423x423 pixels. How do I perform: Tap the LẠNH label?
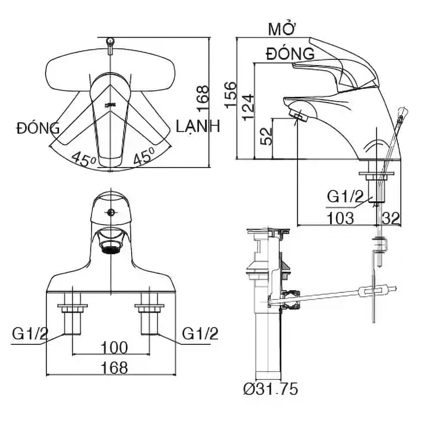click(x=198, y=126)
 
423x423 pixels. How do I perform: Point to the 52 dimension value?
click(x=266, y=136)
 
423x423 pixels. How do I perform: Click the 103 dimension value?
click(x=340, y=218)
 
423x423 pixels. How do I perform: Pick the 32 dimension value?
click(x=390, y=218)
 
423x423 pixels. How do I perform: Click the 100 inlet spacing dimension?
click(x=114, y=348)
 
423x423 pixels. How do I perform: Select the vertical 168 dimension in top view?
click(x=203, y=98)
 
